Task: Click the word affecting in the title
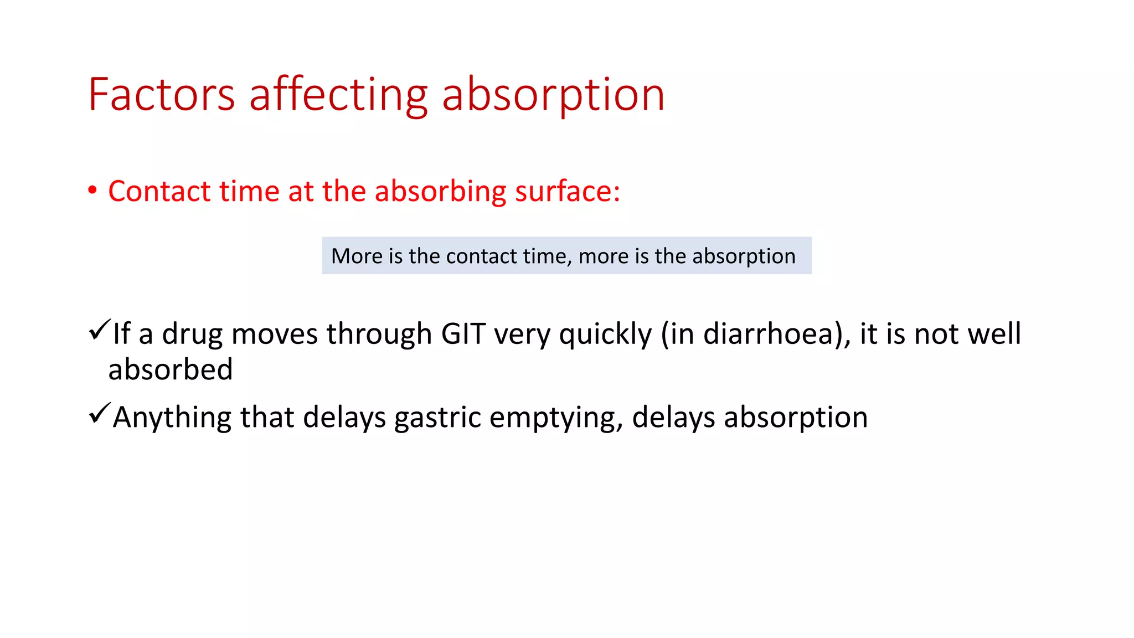click(339, 95)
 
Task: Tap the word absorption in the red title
click(553, 95)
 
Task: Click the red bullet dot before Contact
click(92, 191)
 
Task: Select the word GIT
click(463, 334)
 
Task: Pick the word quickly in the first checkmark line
click(605, 334)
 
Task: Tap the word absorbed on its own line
click(171, 369)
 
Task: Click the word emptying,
click(556, 418)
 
